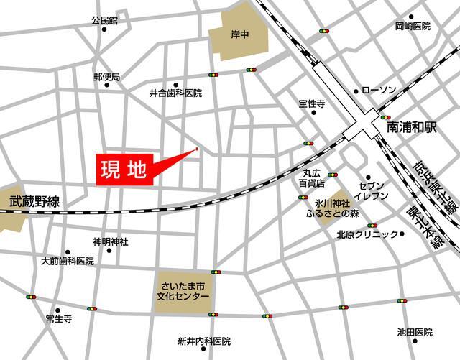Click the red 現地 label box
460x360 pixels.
coord(124,171)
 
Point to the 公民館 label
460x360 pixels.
coord(104,22)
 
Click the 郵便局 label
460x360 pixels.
coord(106,76)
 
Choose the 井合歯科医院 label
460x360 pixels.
coord(175,93)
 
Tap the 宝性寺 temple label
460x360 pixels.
coord(312,104)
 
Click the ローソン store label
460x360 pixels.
coord(379,90)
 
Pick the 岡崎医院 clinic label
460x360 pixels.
coord(413,27)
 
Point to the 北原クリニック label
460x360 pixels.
coord(367,234)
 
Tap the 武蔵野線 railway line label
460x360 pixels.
coord(34,203)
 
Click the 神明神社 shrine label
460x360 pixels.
coord(110,242)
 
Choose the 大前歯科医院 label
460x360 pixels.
coord(68,261)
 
